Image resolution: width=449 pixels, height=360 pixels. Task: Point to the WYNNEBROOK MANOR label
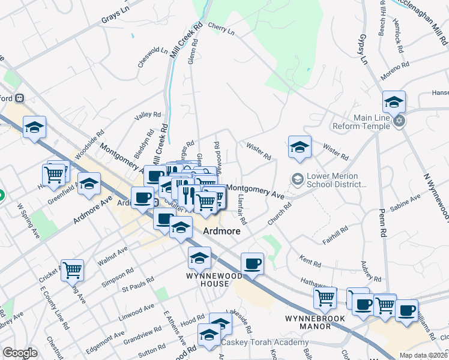pyautogui.click(x=308, y=322)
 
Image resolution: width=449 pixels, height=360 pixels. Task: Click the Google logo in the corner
pyautogui.click(x=20, y=353)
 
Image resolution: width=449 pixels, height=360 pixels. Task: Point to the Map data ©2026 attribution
pyautogui.click(x=423, y=355)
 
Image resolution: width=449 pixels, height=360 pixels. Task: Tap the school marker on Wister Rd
pyautogui.click(x=300, y=147)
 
